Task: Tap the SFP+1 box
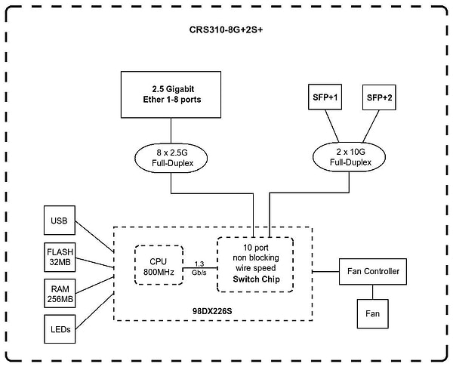pyautogui.click(x=326, y=97)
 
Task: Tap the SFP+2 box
pyautogui.click(x=379, y=97)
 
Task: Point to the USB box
pyautogui.click(x=59, y=221)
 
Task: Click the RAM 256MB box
pyautogui.click(x=59, y=292)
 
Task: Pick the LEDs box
pyautogui.click(x=59, y=329)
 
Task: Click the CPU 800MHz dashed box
pyautogui.click(x=158, y=266)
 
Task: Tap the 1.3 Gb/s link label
pyautogui.click(x=199, y=267)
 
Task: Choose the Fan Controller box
pyautogui.click(x=372, y=270)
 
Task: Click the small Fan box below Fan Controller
pyautogui.click(x=372, y=313)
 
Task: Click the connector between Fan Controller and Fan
pyautogui.click(x=372, y=291)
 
